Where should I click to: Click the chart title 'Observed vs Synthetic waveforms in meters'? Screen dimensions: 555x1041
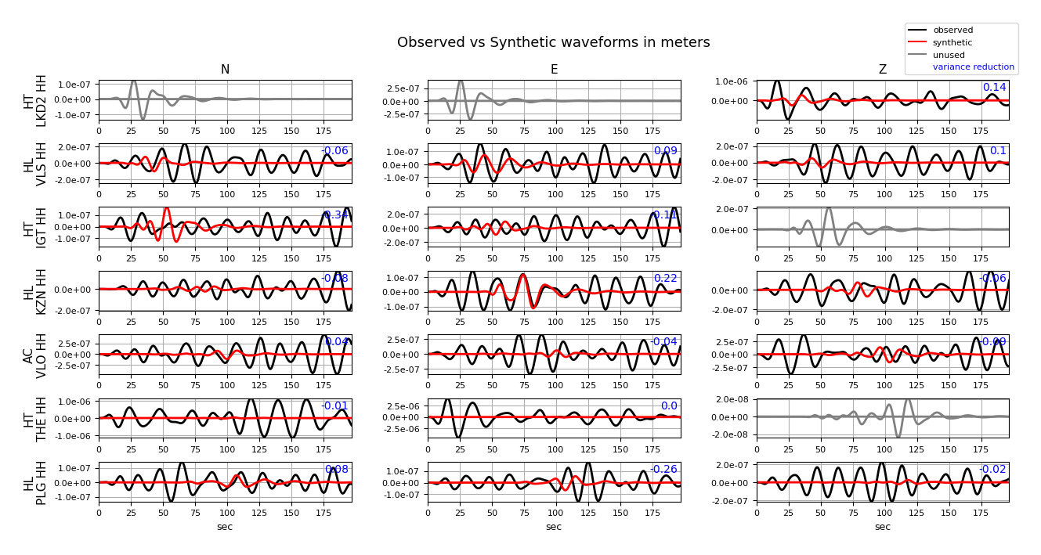click(x=553, y=42)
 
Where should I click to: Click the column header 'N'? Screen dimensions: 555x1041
click(x=225, y=70)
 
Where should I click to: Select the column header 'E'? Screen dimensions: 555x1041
click(x=554, y=70)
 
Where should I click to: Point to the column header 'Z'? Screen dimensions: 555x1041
click(x=883, y=70)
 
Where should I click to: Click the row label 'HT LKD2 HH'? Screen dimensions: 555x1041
click(x=35, y=100)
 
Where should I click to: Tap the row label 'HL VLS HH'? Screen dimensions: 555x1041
click(x=35, y=164)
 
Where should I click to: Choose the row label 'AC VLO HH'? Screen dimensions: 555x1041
click(x=35, y=355)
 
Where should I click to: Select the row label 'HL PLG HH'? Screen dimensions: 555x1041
click(x=35, y=482)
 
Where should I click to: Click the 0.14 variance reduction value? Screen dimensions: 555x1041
click(x=994, y=88)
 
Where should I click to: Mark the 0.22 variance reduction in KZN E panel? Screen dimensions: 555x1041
click(x=665, y=279)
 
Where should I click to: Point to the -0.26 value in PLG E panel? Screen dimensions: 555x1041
click(x=663, y=470)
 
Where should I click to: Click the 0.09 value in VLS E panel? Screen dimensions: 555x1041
click(x=665, y=151)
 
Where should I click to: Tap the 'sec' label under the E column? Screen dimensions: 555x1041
click(x=554, y=527)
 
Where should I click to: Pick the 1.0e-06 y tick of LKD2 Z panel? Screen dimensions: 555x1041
click(x=734, y=81)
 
